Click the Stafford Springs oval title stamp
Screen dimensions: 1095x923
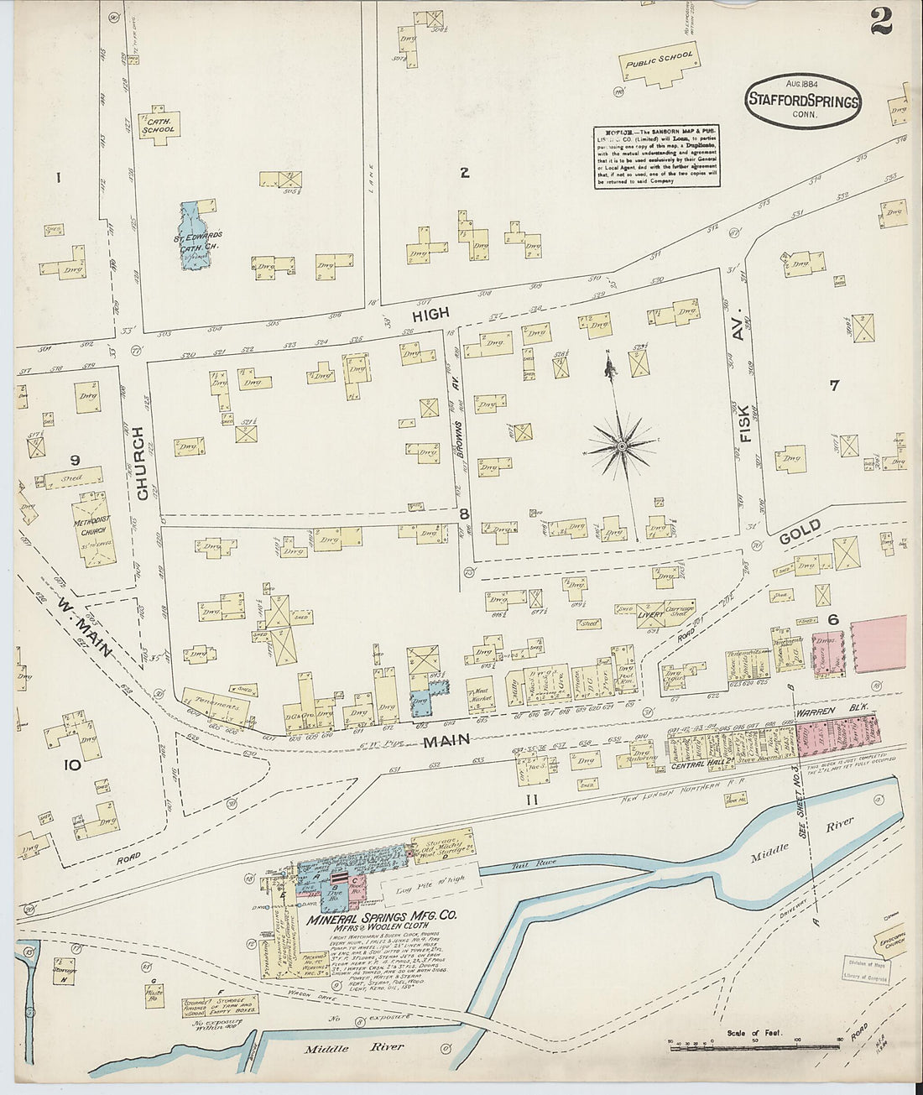pyautogui.click(x=803, y=101)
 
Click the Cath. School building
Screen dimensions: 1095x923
pyautogui.click(x=159, y=123)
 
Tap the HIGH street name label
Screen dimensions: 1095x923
pyautogui.click(x=430, y=314)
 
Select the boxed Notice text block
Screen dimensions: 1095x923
pyautogui.click(x=657, y=157)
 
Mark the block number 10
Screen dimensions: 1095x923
pyautogui.click(x=73, y=764)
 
